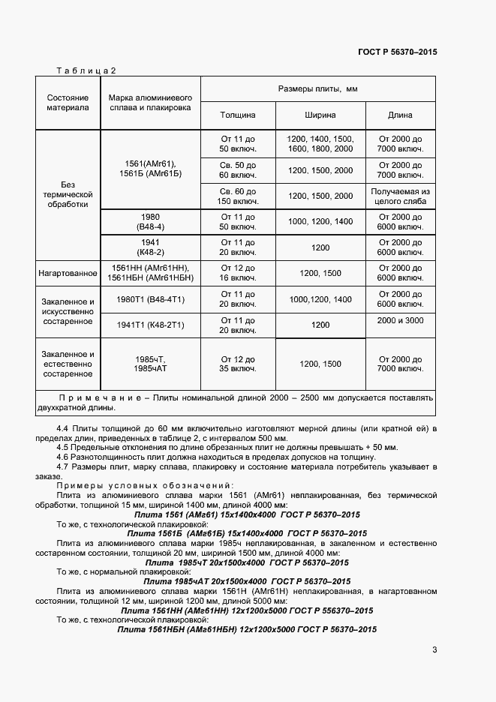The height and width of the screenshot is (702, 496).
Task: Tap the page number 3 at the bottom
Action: point(434,649)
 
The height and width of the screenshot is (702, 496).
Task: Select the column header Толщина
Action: point(238,115)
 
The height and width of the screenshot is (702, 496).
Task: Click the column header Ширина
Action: point(320,115)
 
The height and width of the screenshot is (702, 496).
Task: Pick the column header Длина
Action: point(400,115)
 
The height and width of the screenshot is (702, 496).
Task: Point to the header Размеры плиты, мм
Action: point(318,89)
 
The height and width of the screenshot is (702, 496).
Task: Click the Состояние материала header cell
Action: point(68,103)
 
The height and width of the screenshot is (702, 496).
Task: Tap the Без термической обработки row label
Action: point(68,193)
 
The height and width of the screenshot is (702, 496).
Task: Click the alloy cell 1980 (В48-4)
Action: point(150,221)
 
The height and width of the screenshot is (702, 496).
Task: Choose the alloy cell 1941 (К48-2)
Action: point(150,247)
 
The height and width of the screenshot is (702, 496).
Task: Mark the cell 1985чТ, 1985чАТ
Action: point(150,364)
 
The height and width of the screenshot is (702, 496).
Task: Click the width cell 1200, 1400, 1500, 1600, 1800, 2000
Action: point(320,144)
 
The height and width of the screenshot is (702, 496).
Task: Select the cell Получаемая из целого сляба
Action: point(400,196)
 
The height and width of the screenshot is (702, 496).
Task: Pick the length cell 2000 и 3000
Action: point(400,321)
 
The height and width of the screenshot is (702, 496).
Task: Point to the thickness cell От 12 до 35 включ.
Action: point(238,364)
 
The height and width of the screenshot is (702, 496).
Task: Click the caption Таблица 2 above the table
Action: point(86,71)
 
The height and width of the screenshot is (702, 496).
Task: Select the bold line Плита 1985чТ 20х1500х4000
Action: point(247,562)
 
